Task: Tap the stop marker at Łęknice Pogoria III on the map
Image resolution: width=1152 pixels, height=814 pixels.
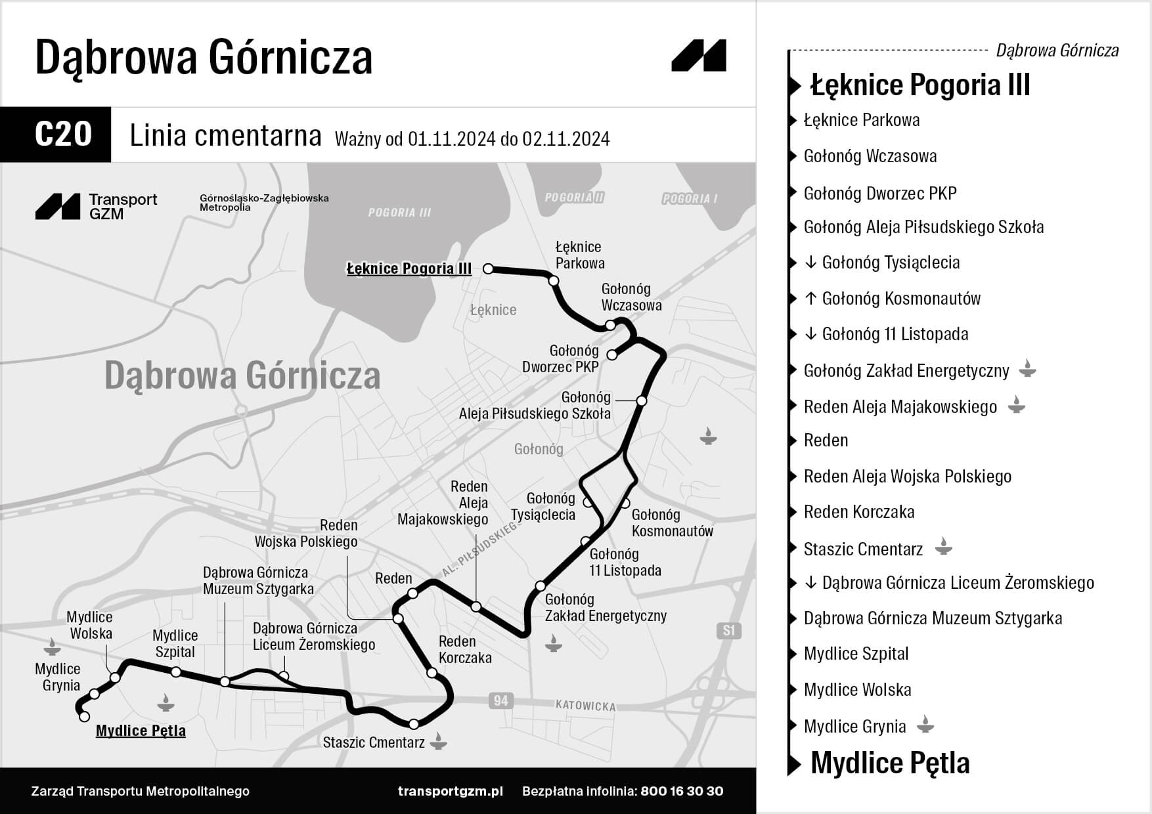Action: [x=488, y=268]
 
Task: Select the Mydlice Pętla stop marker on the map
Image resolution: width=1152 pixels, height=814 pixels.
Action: [x=84, y=717]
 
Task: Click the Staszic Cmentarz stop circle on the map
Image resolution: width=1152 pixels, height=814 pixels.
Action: [x=414, y=724]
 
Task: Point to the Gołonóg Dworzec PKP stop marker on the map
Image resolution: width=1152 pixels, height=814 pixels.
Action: [x=612, y=355]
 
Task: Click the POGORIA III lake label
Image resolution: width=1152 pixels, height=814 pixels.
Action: [x=399, y=213]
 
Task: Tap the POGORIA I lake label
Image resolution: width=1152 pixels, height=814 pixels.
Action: [x=690, y=198]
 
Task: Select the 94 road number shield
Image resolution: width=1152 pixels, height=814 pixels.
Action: [x=500, y=700]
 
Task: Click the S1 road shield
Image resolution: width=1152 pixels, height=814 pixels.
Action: [x=728, y=631]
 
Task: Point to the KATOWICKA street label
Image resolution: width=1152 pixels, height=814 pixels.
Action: [x=585, y=706]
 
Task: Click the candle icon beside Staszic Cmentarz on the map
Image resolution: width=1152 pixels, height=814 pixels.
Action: [x=438, y=743]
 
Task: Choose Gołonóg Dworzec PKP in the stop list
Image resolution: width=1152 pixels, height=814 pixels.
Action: [x=880, y=193]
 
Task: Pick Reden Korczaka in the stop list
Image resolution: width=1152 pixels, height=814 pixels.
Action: [x=858, y=512]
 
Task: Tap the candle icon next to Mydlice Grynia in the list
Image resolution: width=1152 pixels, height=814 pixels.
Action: [x=925, y=725]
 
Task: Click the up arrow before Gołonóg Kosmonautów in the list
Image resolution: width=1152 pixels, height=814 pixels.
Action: [x=810, y=299]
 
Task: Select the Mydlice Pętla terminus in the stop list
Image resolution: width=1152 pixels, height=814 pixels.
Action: [x=890, y=763]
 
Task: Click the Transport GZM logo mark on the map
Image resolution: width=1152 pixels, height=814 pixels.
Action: [x=58, y=207]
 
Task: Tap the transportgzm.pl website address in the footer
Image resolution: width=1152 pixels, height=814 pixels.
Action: [x=450, y=791]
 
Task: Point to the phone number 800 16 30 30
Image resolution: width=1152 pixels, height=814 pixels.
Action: [x=682, y=791]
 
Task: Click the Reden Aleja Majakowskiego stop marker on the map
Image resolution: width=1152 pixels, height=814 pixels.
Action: [x=476, y=607]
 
